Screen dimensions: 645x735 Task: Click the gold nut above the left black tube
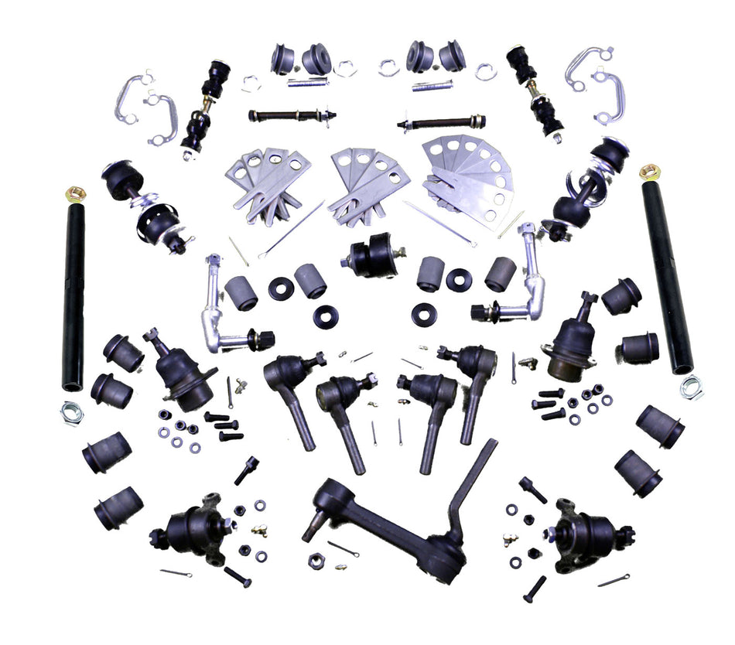(x=75, y=192)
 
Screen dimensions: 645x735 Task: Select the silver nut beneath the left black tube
(x=72, y=412)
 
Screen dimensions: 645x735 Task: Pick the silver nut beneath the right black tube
(x=692, y=387)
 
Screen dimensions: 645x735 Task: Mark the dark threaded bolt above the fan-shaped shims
(x=442, y=122)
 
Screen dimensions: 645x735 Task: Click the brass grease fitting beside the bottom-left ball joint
(x=259, y=531)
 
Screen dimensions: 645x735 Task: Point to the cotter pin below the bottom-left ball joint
(x=176, y=573)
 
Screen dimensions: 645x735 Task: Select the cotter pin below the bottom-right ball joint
(x=614, y=580)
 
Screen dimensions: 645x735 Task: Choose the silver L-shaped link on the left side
(x=220, y=309)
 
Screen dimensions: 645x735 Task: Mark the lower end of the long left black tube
(x=73, y=383)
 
